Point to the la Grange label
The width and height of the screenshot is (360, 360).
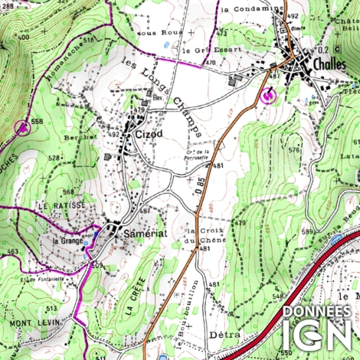[67, 241]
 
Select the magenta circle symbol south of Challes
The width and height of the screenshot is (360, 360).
[268, 97]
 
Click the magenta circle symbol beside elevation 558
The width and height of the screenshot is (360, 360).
[23, 126]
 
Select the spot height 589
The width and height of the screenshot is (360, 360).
[308, 231]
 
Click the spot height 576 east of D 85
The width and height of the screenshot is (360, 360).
[295, 150]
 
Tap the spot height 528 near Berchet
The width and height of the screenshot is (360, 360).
[54, 158]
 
